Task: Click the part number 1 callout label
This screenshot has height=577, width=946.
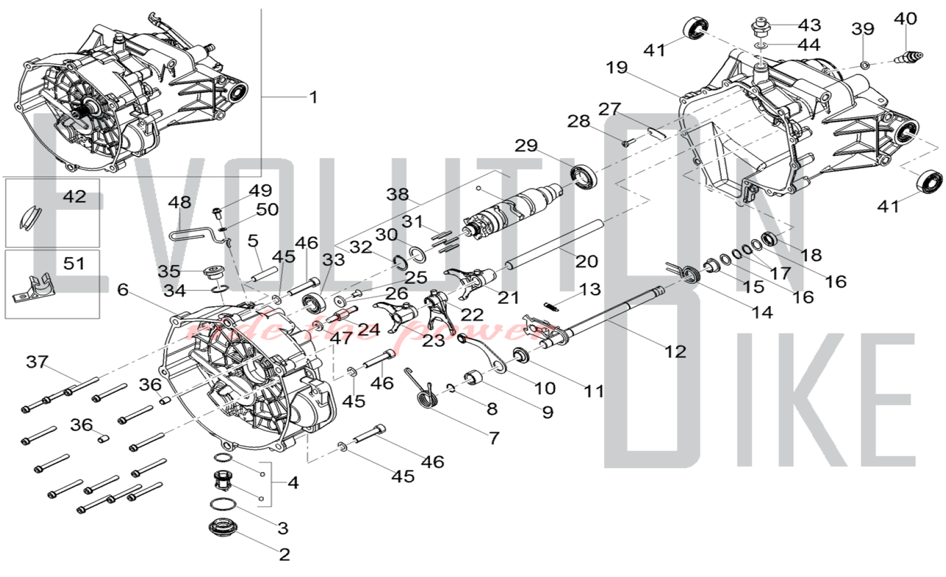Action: [x=313, y=97]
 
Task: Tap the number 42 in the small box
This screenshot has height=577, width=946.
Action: [x=75, y=197]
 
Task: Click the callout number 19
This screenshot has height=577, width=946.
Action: [x=617, y=68]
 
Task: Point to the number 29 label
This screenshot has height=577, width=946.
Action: [x=526, y=146]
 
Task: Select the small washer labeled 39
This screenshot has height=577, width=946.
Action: [x=864, y=65]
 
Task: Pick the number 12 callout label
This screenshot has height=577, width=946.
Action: [x=675, y=351]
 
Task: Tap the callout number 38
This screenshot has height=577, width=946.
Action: [x=397, y=194]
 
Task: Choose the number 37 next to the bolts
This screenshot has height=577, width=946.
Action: [x=37, y=362]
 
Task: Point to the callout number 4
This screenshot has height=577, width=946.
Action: [x=293, y=483]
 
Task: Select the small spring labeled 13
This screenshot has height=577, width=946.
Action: [x=551, y=306]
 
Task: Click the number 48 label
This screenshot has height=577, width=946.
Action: [x=180, y=202]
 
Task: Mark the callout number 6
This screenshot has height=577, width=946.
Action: [x=123, y=289]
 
